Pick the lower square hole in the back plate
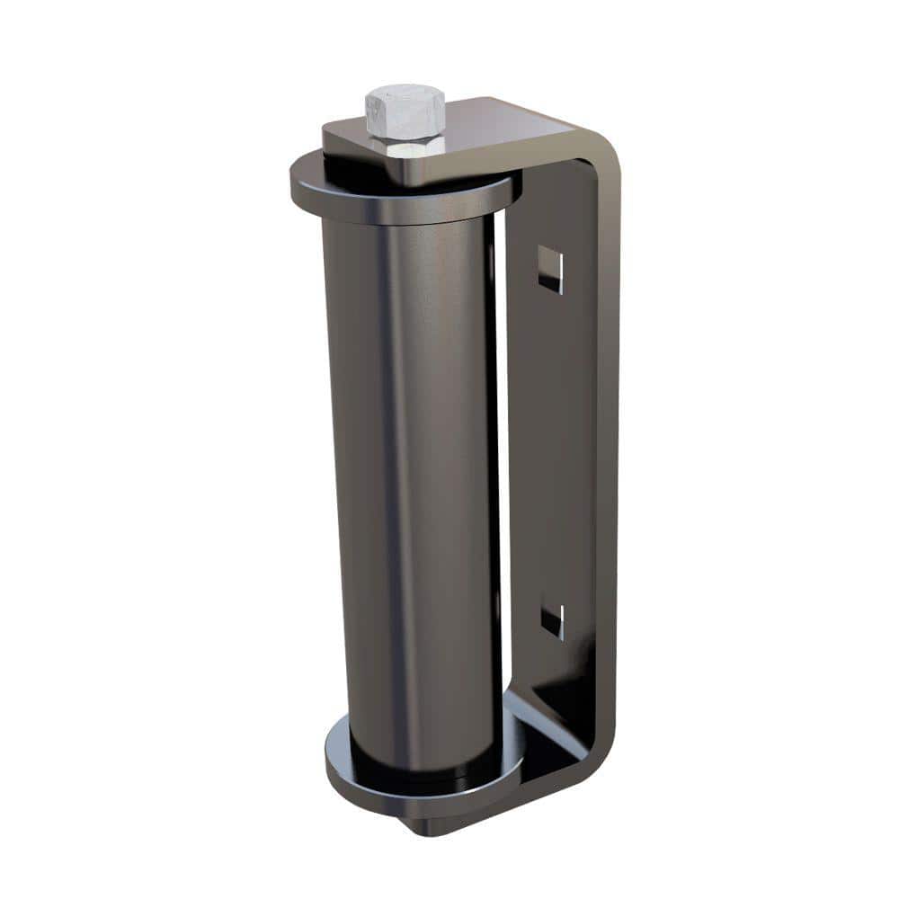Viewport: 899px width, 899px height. tap(552, 620)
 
